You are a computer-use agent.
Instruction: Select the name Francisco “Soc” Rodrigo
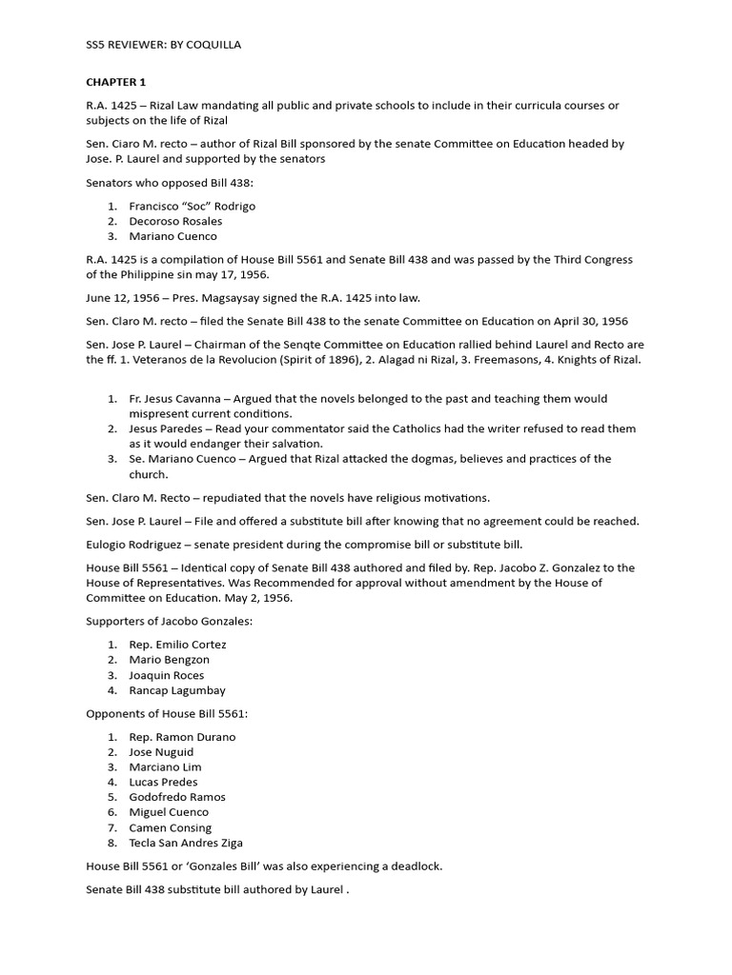coord(193,206)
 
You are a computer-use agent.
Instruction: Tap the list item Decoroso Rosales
coord(175,221)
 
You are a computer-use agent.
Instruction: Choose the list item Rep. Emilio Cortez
coord(177,645)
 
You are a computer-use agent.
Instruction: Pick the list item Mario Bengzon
coord(170,660)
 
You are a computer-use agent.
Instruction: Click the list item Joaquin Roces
coord(167,675)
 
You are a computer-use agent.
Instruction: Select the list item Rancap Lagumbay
coord(177,690)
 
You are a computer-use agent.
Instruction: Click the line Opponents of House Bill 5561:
coord(173,713)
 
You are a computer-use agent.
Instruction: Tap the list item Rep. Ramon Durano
coord(182,737)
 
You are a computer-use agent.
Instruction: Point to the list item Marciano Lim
coord(165,766)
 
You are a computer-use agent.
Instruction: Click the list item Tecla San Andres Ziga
coord(186,843)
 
